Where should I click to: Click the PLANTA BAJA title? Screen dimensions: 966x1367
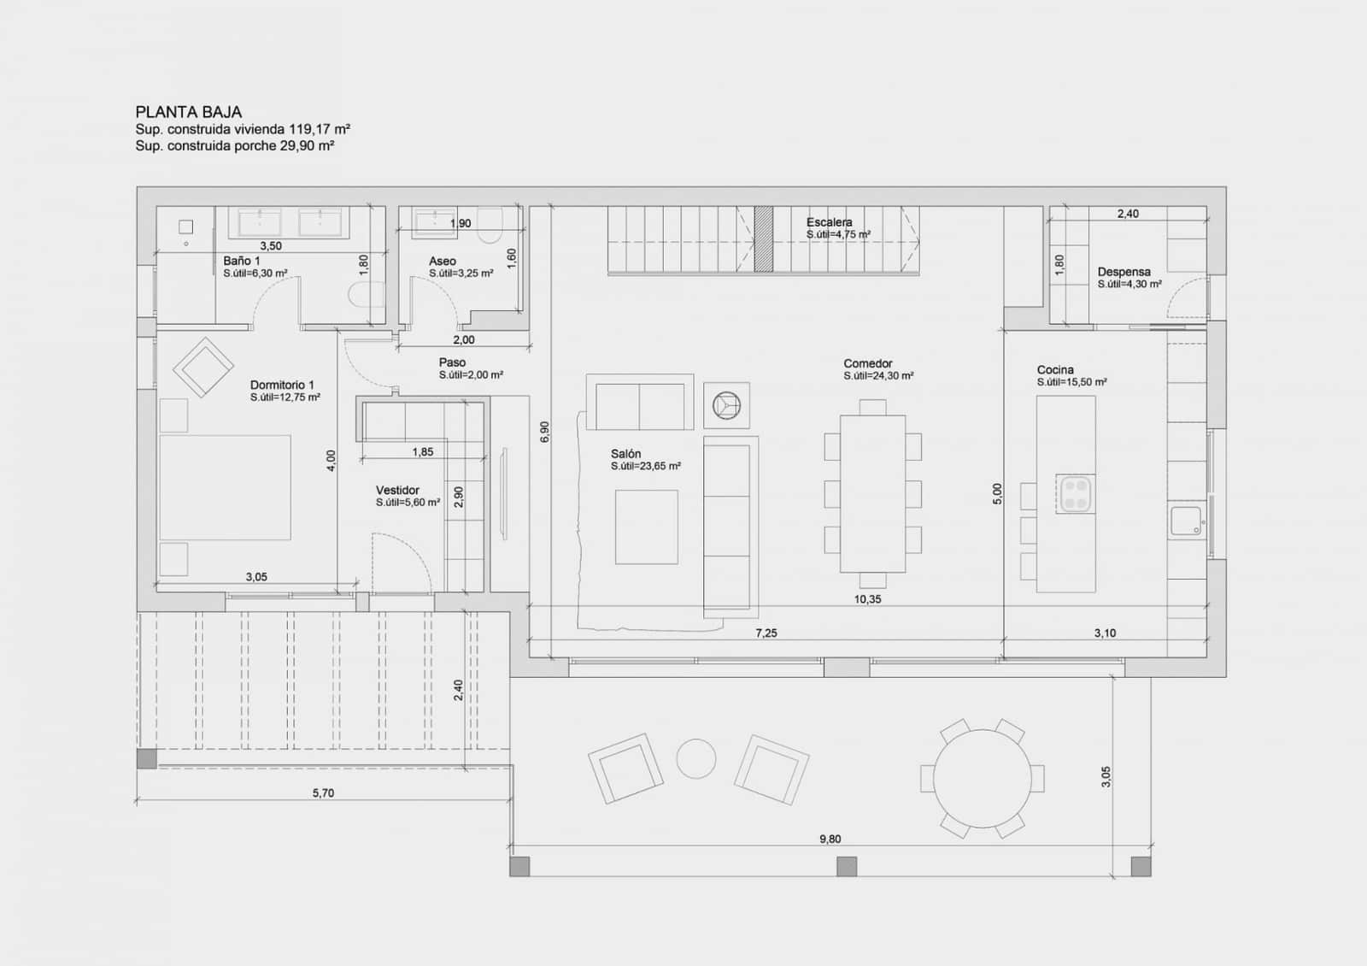[188, 112]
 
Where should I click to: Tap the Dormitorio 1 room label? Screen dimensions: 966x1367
[282, 385]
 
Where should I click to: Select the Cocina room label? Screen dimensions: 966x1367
[1055, 370]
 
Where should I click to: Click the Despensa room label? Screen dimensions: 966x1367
[1124, 272]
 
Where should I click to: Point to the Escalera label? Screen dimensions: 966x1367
[829, 222]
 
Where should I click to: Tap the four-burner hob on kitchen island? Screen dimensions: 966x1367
[1076, 493]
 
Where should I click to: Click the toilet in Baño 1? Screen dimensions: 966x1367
[362, 295]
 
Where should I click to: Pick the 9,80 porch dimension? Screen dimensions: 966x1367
[830, 839]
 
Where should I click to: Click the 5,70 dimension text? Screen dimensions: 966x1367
[323, 792]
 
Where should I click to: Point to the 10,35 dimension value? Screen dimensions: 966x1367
[867, 599]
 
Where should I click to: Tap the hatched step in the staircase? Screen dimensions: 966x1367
[764, 239]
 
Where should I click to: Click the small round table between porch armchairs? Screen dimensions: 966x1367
[696, 758]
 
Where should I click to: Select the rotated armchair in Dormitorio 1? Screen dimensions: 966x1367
[203, 368]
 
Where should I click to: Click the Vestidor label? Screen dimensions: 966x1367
[397, 490]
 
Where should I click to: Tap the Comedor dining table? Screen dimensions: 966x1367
[872, 493]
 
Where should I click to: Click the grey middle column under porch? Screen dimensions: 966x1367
[846, 866]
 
